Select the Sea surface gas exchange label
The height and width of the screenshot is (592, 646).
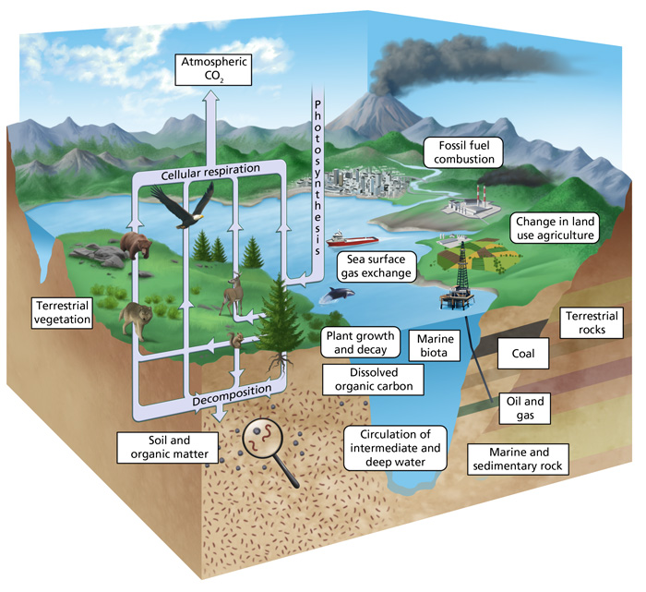[x=373, y=266]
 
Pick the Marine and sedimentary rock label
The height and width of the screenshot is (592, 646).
[x=515, y=458]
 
